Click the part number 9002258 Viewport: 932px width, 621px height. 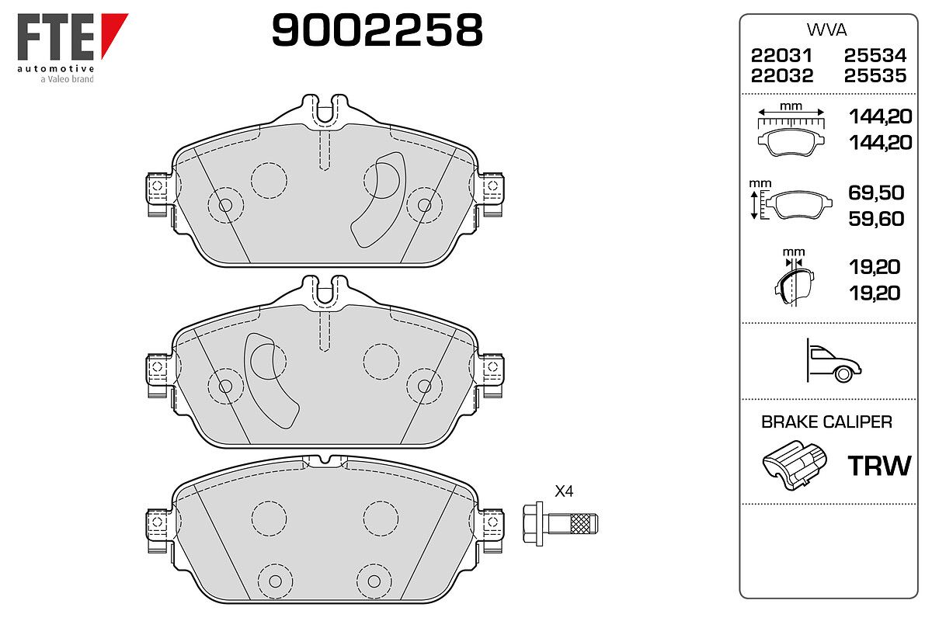[377, 30]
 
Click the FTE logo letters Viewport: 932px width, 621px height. [55, 36]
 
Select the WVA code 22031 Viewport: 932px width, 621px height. [781, 55]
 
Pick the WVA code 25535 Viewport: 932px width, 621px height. [875, 76]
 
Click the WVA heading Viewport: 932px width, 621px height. [826, 30]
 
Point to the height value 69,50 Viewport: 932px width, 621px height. [876, 193]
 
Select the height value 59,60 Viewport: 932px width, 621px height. [876, 219]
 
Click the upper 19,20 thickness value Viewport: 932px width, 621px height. [875, 266]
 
